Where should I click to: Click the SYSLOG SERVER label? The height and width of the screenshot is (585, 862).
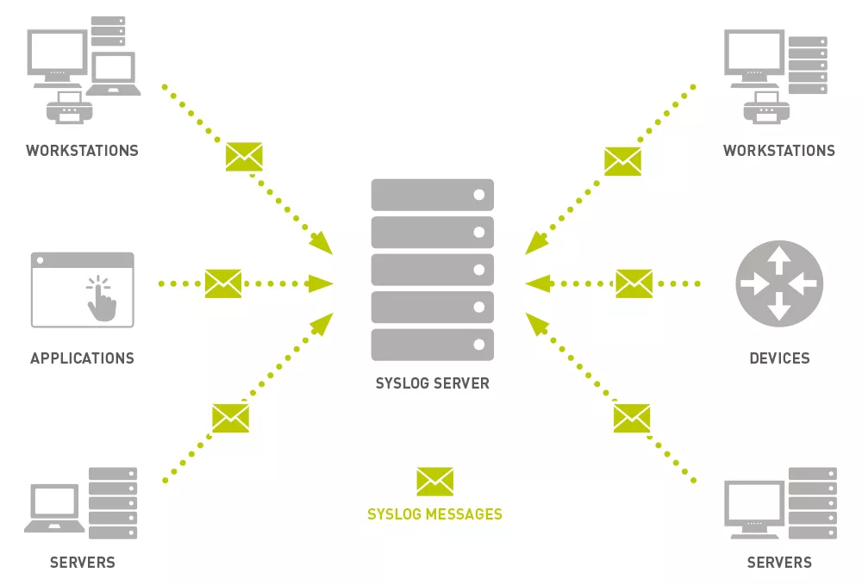432,383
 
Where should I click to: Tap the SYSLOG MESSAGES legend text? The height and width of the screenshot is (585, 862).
434,513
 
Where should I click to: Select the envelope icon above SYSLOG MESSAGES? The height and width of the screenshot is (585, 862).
434,482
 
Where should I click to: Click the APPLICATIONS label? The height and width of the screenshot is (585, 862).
82,358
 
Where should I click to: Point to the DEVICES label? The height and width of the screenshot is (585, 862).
779,358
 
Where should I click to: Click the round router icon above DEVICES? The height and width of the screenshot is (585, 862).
779,283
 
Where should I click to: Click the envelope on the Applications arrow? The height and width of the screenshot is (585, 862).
223,283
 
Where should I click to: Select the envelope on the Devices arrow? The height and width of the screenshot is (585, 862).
634,283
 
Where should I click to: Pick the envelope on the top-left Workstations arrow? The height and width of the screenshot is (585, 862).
244,157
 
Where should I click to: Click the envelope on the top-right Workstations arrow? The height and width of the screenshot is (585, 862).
623,161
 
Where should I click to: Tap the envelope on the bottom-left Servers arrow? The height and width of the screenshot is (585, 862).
230,418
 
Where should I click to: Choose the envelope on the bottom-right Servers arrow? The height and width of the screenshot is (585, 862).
632,418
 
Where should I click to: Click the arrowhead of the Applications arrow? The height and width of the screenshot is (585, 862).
321,283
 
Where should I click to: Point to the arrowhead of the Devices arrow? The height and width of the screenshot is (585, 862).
538,283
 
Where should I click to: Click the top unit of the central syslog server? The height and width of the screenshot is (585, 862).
432,195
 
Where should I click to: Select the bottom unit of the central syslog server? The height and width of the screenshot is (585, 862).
432,345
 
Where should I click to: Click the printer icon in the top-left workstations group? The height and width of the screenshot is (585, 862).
69,107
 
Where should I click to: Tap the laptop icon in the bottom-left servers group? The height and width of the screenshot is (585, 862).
54,508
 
